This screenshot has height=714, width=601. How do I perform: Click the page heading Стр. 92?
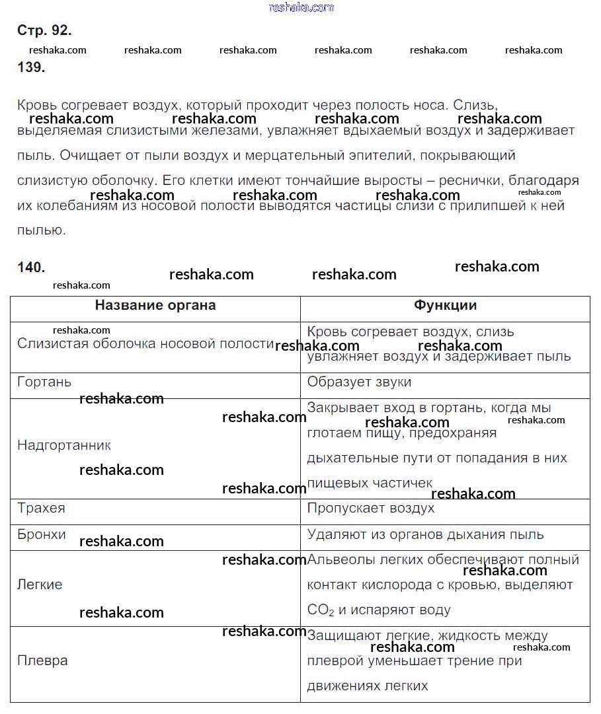[x=43, y=30]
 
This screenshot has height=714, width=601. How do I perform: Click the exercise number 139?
[x=30, y=67]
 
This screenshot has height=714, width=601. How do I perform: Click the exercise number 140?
[x=30, y=268]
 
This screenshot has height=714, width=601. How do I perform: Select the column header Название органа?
[x=155, y=305]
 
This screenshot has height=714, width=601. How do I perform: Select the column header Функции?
[x=445, y=305]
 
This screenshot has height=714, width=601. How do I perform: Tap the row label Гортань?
[x=44, y=382]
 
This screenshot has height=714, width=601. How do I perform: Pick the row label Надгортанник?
[x=64, y=446]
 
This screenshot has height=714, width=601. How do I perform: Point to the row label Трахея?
[x=41, y=509]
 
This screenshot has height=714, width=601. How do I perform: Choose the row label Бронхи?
[x=42, y=534]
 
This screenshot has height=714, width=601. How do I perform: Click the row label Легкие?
[x=40, y=585]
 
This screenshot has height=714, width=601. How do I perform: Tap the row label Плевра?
[x=42, y=660]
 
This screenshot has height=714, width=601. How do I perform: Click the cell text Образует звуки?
[x=359, y=382]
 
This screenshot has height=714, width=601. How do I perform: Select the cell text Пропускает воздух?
[x=371, y=509]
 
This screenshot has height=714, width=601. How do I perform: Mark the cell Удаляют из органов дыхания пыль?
[x=425, y=534]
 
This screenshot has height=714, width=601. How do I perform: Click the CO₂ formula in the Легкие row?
[x=321, y=610]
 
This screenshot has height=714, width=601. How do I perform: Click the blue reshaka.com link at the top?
[x=301, y=7]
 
